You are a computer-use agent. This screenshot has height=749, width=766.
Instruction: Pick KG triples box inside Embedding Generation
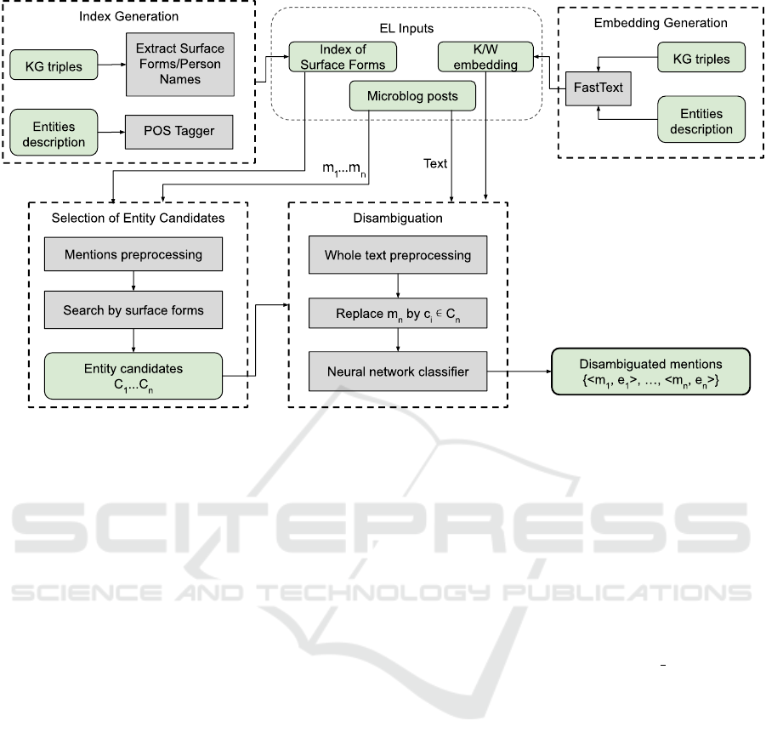701,58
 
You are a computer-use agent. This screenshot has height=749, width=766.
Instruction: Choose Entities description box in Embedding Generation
701,121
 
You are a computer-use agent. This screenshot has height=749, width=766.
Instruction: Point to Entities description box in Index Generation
54,134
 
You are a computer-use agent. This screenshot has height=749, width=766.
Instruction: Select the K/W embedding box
485,57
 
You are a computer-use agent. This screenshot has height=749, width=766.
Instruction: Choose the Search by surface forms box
133,310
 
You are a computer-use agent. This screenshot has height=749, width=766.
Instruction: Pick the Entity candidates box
133,376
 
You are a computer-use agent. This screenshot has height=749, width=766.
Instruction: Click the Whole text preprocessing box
397,254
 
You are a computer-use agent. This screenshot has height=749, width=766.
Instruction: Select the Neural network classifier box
397,372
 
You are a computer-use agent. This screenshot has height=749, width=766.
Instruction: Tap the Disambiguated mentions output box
650,372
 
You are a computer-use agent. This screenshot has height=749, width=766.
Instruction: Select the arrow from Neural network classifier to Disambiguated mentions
519,372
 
